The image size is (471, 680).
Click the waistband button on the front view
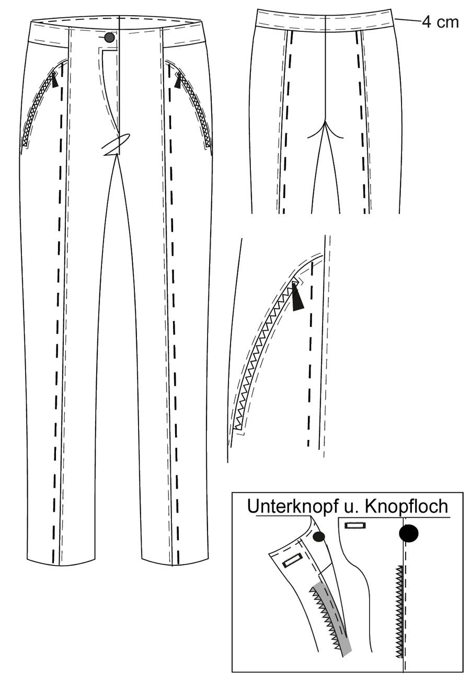109,37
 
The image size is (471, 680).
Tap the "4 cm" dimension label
440,22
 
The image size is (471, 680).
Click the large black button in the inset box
409,534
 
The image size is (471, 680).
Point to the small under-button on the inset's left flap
319,537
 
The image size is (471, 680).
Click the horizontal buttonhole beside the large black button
355,526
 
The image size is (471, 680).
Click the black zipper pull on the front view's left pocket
54,81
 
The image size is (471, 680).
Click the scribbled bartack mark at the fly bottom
117,144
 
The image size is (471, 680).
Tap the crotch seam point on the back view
325,121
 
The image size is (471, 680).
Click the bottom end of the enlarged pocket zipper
238,428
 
